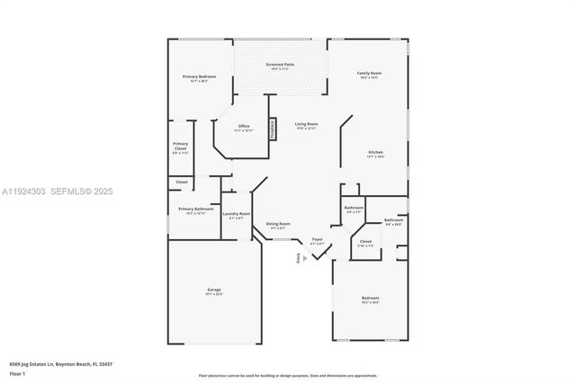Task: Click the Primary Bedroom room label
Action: click(x=200, y=79)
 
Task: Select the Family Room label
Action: click(x=369, y=74)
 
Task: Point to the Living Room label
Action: click(x=306, y=126)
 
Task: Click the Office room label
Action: click(x=244, y=128)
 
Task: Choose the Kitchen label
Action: click(x=375, y=154)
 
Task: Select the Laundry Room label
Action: click(x=237, y=215)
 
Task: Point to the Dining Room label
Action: click(x=278, y=225)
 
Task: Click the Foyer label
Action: click(x=318, y=241)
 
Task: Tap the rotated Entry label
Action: click(x=300, y=259)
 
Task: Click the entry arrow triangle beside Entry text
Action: click(x=315, y=258)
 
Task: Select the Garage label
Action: click(x=214, y=291)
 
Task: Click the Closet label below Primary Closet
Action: click(x=181, y=183)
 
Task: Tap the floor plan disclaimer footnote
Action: click(x=287, y=375)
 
